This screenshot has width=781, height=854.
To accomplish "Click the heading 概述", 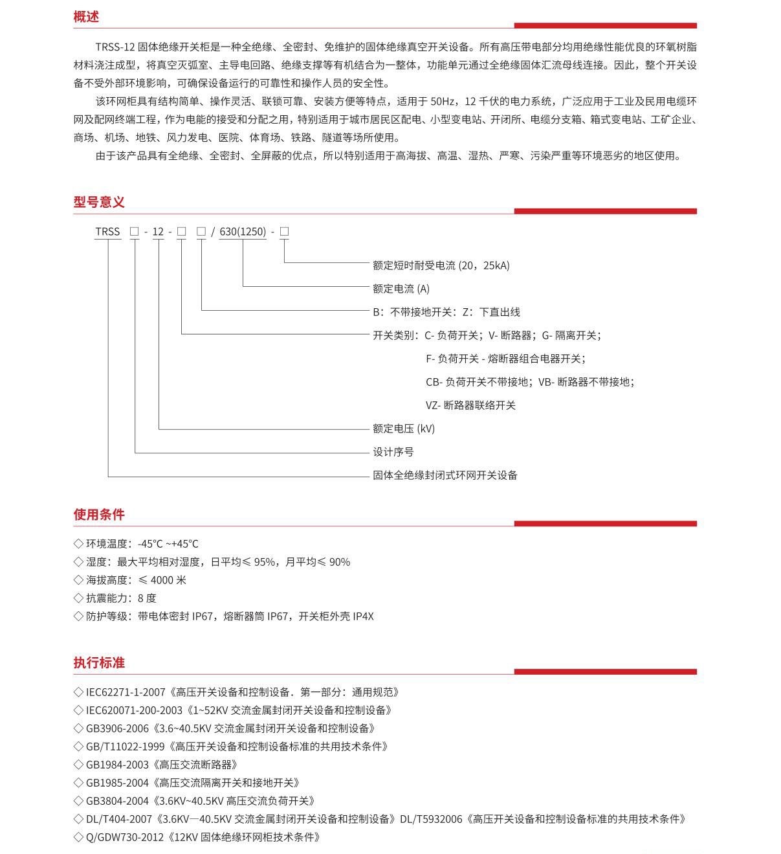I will [86, 17].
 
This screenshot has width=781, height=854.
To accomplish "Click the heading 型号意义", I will [99, 202].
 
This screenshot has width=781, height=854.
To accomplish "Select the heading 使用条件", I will [99, 515].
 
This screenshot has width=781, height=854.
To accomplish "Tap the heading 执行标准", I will [99, 663].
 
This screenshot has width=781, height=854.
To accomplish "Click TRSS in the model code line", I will [107, 231].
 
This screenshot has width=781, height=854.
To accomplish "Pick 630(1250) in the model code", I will [243, 231].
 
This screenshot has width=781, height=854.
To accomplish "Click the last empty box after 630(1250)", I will [284, 231].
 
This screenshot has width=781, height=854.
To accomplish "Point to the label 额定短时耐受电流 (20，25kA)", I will [441, 265].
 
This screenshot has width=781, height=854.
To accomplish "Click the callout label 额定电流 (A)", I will [401, 289].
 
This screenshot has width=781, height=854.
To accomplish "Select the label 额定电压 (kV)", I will [403, 429].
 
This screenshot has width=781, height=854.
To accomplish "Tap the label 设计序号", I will [393, 452].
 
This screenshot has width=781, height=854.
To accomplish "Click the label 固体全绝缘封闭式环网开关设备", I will [445, 475].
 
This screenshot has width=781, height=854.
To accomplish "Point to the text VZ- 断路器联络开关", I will [470, 405].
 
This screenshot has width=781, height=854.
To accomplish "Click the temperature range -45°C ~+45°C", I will [168, 544].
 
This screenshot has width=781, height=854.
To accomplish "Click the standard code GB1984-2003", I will [117, 765].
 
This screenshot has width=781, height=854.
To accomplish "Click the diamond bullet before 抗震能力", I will [78, 598].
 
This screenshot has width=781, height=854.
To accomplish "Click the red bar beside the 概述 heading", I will [605, 26].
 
